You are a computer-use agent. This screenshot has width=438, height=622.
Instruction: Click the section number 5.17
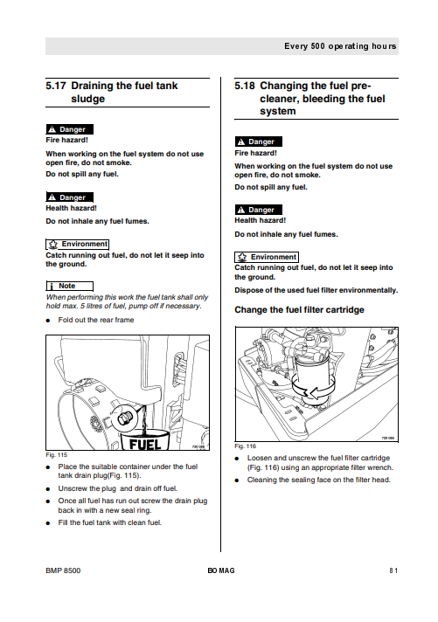(56, 86)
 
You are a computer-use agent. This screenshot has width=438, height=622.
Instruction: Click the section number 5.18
(245, 86)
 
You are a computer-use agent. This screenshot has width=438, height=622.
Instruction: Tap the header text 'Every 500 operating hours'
(340, 46)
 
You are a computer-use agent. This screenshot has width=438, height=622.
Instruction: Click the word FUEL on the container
(145, 444)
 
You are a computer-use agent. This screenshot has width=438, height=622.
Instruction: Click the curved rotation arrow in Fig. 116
(313, 389)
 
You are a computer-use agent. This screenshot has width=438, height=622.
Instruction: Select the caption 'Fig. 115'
(56, 455)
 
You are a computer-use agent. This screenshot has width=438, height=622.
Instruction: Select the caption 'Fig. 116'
(245, 446)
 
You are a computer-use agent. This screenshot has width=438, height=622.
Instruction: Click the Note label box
(69, 286)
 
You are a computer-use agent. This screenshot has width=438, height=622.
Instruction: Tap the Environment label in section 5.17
(78, 245)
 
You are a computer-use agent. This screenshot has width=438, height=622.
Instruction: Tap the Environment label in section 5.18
(267, 257)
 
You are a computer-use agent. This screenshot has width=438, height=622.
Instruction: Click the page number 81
(393, 570)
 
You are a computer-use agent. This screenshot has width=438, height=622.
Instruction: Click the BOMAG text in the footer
(221, 570)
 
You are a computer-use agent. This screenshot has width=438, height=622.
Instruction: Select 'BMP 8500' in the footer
(63, 570)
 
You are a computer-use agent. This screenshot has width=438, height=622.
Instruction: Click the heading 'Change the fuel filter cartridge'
(299, 310)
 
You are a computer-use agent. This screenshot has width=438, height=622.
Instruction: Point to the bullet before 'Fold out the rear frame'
(48, 321)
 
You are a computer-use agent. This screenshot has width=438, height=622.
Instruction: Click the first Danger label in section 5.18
(259, 142)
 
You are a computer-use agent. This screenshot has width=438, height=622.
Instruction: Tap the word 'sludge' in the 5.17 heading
(87, 99)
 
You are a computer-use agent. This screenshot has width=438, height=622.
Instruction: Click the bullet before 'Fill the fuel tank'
(48, 523)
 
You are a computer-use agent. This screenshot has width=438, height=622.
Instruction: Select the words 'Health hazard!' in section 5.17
(71, 208)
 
